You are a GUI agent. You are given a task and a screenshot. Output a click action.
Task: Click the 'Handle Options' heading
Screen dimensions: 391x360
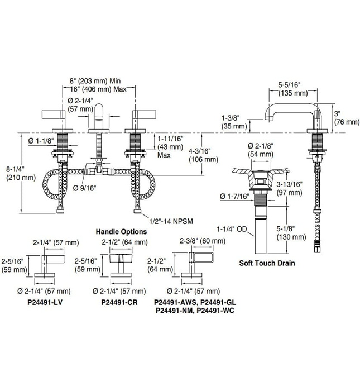(x=121, y=231)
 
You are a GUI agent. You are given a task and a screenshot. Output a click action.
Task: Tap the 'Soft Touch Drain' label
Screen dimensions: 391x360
(x=266, y=263)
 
